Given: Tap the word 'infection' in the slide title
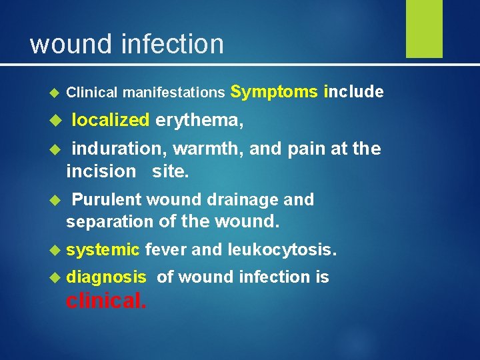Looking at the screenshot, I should (172, 45).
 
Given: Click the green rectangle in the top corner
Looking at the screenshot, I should (424, 28).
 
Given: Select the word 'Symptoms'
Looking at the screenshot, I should (275, 92).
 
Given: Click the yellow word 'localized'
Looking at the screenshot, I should (110, 120).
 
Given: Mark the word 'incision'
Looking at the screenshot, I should (101, 171).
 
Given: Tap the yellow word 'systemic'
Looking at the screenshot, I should (103, 249).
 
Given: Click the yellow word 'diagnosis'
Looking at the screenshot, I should (106, 277).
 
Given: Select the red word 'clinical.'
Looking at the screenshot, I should (105, 301).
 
